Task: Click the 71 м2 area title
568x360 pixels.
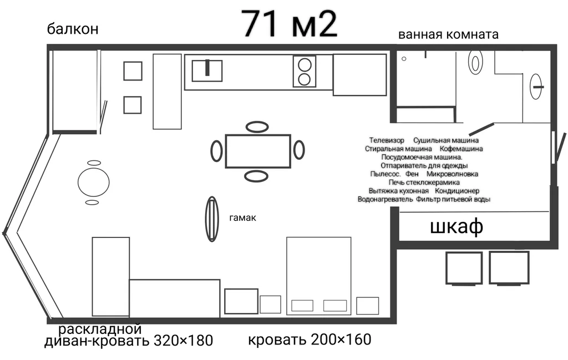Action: pos(290,24)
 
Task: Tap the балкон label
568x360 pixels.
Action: pos(73,29)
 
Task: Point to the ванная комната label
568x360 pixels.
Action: pos(448,34)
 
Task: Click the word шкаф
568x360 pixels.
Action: pos(457,227)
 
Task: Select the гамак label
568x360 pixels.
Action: pos(243,217)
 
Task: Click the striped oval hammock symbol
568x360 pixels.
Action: pos(212,219)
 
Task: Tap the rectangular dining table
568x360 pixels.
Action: pos(258,151)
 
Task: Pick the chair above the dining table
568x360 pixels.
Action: pos(257,127)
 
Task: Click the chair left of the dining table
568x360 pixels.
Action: pos(217,151)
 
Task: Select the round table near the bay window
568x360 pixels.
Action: pos(93,182)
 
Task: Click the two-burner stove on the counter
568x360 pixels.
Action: pos(305,72)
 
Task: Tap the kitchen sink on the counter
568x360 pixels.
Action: pos(207,70)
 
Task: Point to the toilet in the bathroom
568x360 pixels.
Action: pos(475,62)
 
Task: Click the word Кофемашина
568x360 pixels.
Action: pos(461,149)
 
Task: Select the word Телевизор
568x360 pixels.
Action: pos(387,140)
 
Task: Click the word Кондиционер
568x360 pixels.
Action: pos(457,191)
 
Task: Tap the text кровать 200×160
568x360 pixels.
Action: pos(310,339)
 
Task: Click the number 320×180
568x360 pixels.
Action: pos(183,341)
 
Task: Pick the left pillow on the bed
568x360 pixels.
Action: pos(302,305)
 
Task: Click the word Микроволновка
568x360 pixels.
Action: pos(453,174)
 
